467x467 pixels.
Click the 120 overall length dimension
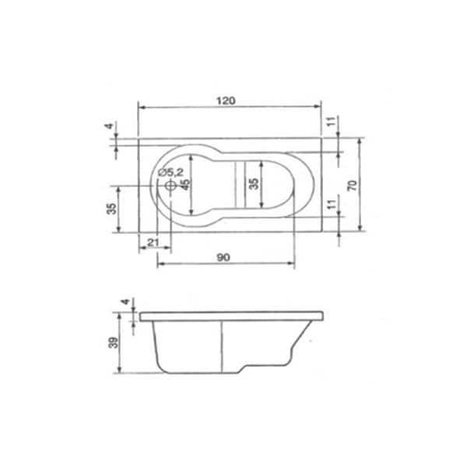[226, 101]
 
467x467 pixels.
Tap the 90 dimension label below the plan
[223, 258]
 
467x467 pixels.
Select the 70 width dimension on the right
[353, 185]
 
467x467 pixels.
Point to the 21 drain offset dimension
[153, 242]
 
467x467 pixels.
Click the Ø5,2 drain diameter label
[171, 172]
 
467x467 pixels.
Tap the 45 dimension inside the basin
[185, 184]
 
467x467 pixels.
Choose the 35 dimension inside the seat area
[254, 184]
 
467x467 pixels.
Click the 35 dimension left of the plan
[111, 209]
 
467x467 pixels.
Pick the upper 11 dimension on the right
[332, 121]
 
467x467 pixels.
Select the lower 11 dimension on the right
[332, 204]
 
